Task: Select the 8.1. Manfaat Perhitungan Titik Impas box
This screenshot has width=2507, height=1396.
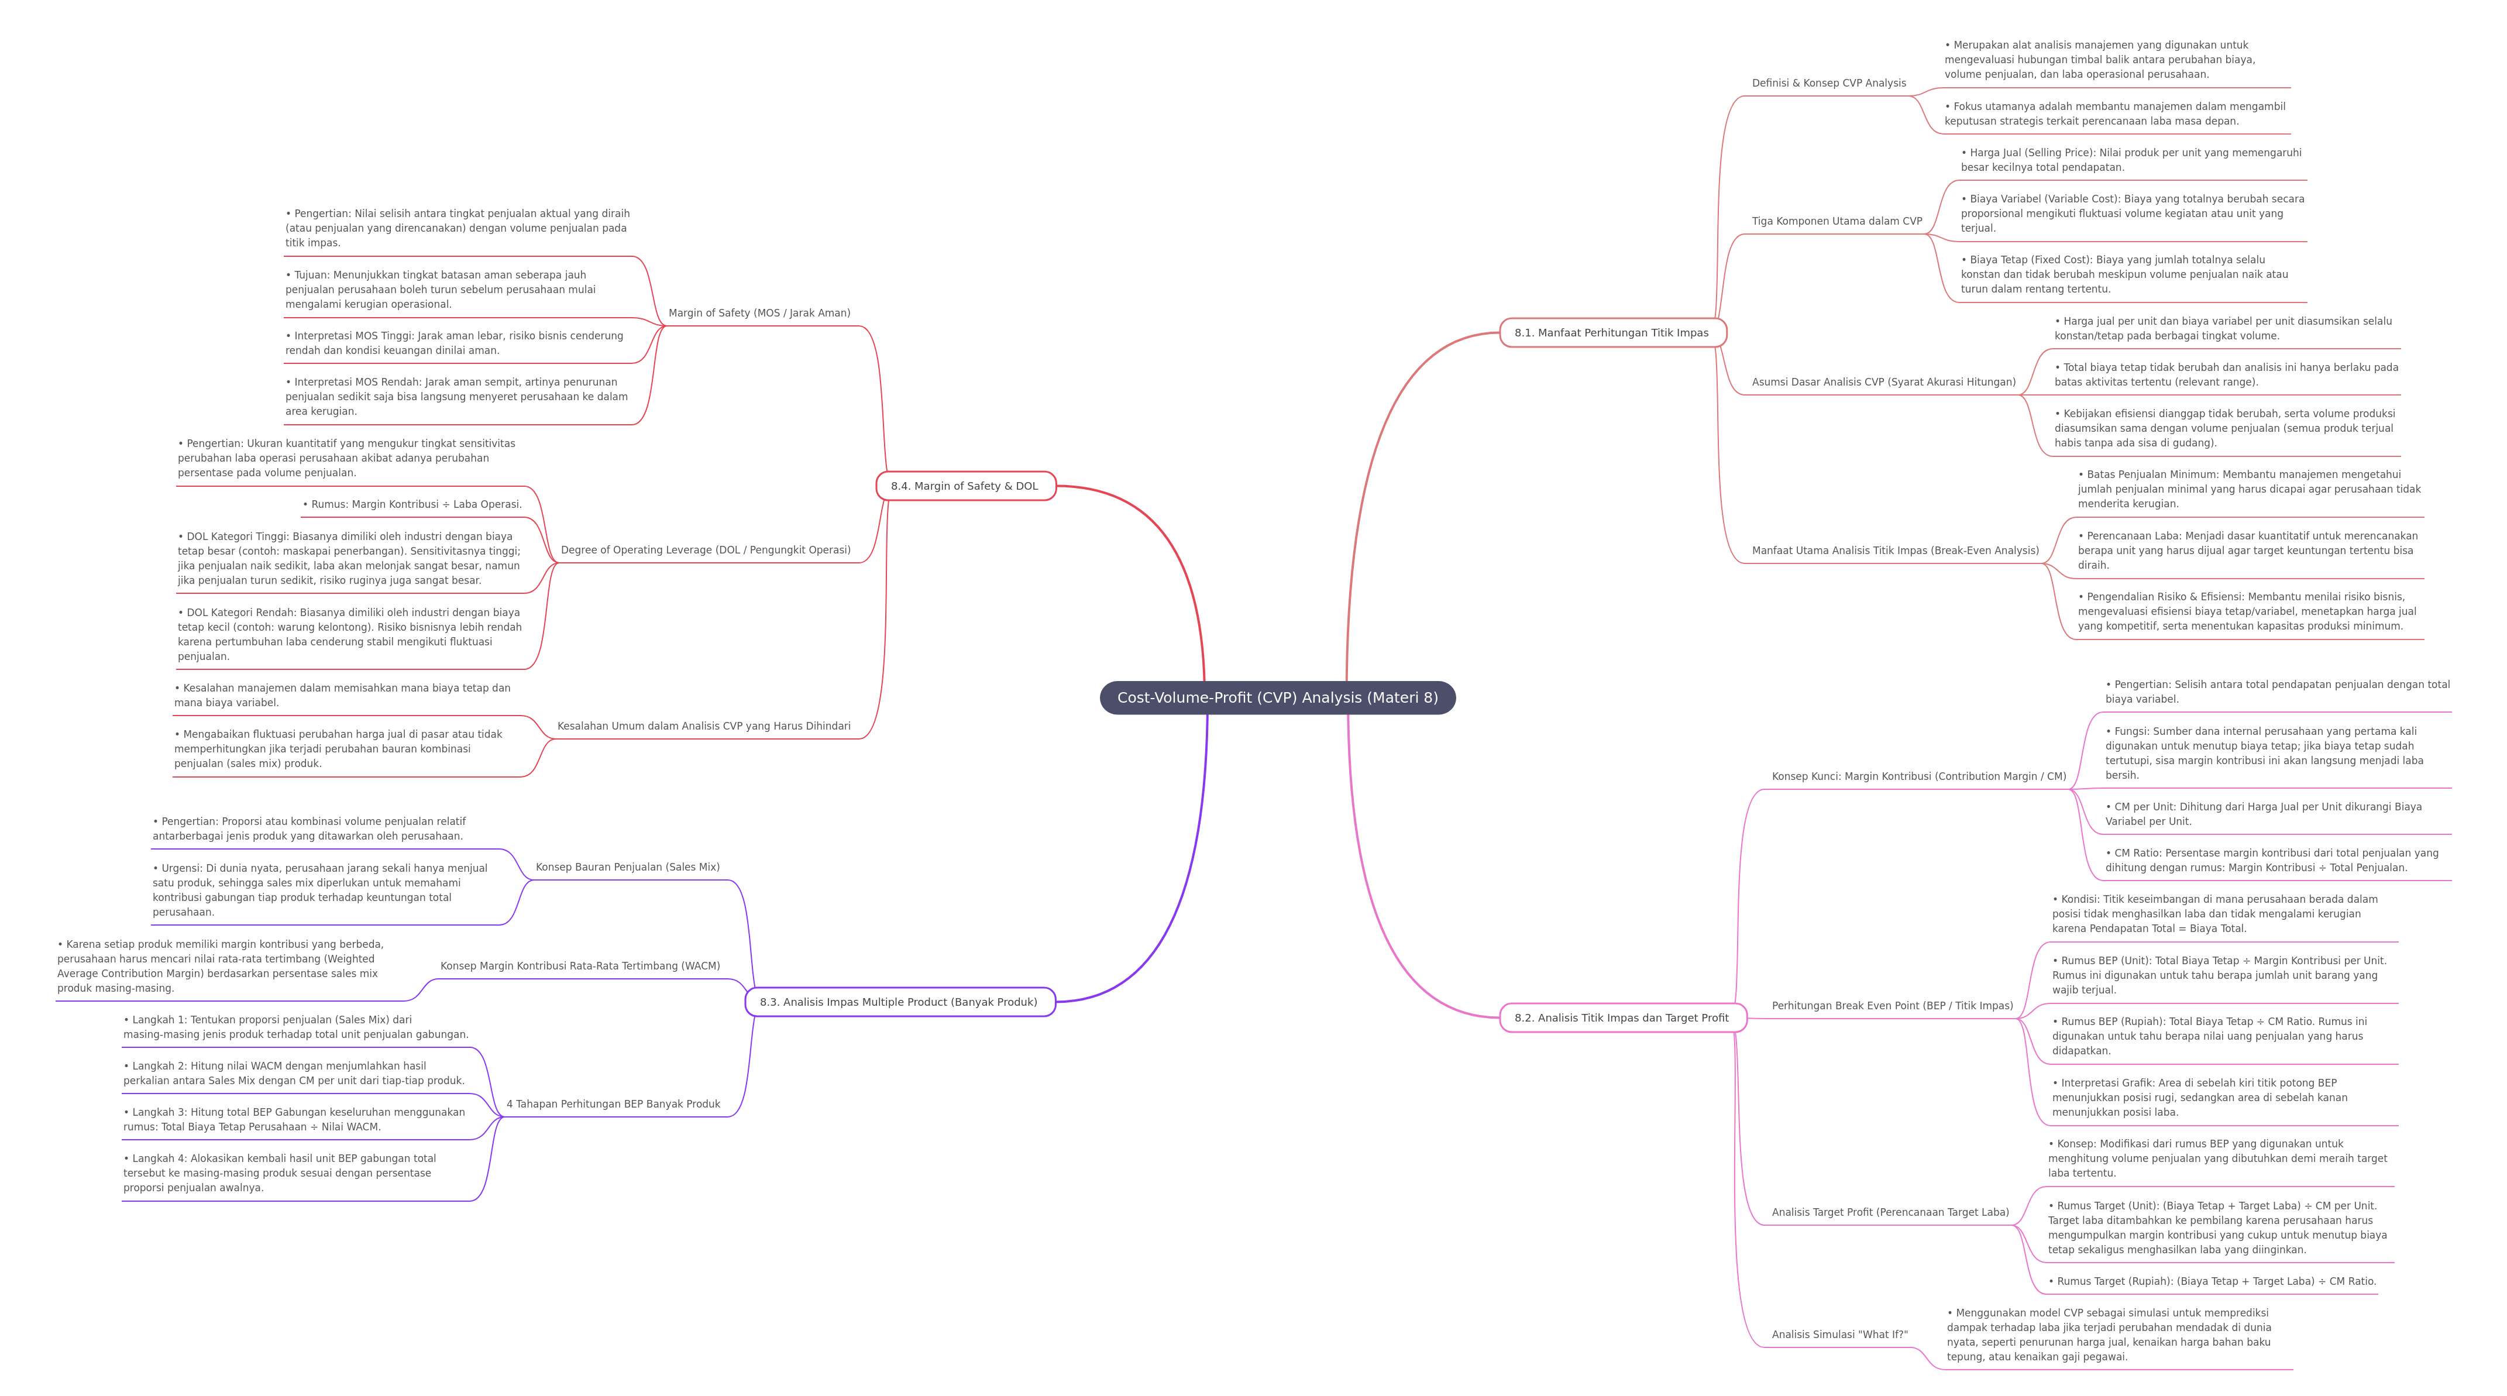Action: click(x=1612, y=333)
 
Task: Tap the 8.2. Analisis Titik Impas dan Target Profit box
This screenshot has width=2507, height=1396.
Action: click(x=1622, y=1017)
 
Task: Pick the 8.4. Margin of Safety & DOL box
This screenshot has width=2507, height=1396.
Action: click(x=965, y=486)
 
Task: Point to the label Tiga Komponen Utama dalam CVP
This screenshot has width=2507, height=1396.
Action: click(x=1837, y=221)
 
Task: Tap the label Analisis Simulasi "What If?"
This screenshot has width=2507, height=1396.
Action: click(x=1839, y=1335)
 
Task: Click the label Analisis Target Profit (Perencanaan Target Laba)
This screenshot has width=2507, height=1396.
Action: click(x=1890, y=1212)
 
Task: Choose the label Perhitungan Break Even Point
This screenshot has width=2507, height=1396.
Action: click(x=1892, y=1006)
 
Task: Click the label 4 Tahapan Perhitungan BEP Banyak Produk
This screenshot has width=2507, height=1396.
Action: click(x=613, y=1104)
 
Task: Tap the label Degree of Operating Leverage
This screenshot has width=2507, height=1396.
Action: click(x=706, y=550)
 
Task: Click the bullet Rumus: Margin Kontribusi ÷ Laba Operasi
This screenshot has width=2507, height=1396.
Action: click(x=412, y=504)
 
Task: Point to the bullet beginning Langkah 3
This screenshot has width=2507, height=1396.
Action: click(x=294, y=1119)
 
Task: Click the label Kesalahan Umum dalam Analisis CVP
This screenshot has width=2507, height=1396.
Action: click(x=704, y=726)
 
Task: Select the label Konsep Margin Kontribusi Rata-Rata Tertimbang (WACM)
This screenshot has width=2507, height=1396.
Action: click(x=580, y=966)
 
